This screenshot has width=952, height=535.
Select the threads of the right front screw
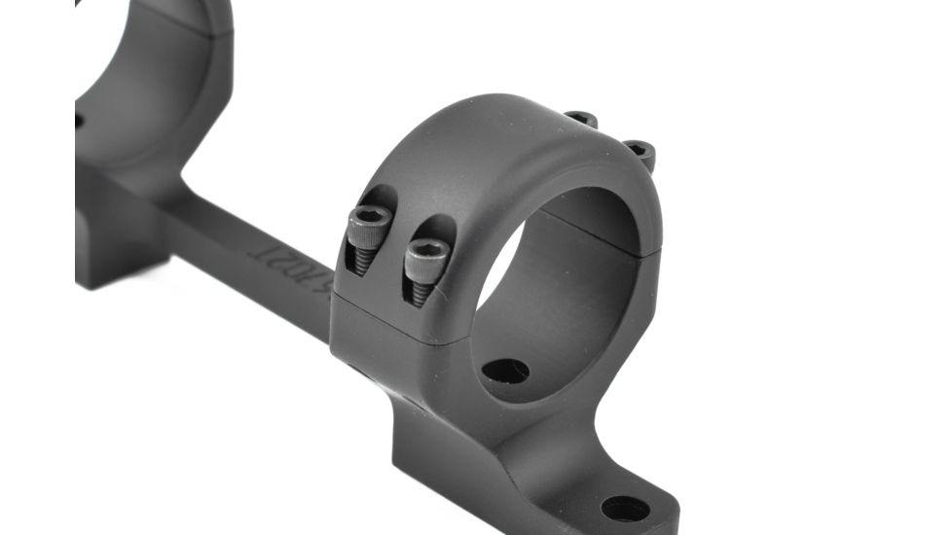(420, 291)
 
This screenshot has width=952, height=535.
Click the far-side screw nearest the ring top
(581, 119)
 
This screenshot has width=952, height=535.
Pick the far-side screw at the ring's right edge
(640, 151)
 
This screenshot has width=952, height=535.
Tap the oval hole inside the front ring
(505, 371)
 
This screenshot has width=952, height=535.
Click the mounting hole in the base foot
(625, 507)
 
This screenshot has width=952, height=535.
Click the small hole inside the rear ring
(78, 121)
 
